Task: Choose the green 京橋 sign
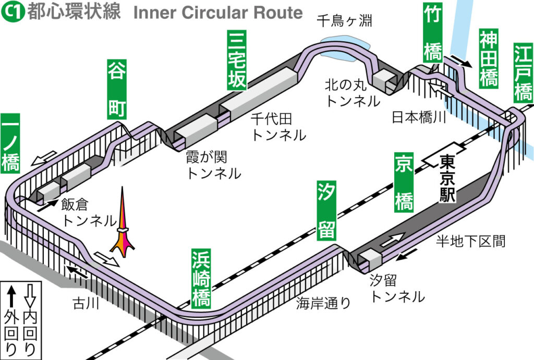tap(404, 183)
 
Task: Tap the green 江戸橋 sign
tap(523, 73)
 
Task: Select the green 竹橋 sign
tap(432, 33)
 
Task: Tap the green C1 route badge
tap(12, 13)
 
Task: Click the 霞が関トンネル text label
tap(213, 164)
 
